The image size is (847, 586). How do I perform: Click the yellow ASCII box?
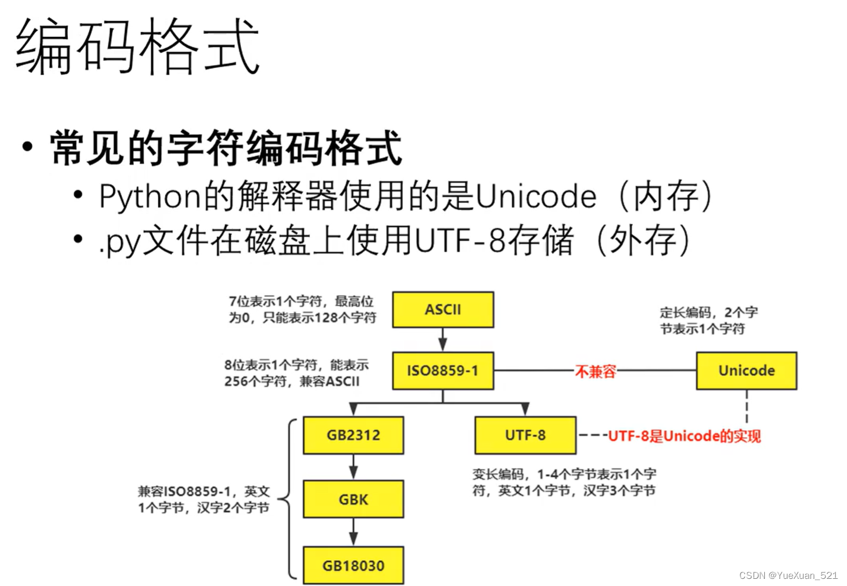point(443,309)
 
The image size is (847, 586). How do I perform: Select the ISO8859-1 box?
point(443,371)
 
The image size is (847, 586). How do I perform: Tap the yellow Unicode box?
point(746,371)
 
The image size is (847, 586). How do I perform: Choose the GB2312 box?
point(353,435)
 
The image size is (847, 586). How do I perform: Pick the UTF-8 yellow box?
point(525,435)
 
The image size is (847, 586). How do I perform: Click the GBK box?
point(353,499)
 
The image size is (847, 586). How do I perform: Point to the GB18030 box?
point(353,565)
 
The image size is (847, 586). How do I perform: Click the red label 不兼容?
point(595,372)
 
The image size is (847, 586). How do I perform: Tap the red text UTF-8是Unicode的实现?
point(684,436)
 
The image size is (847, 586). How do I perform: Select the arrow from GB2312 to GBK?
point(353,467)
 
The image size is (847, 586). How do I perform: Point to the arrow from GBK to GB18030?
point(353,532)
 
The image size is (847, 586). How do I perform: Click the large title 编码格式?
point(137,46)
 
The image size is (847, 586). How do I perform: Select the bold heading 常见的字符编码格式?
point(226,148)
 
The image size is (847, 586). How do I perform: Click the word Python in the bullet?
point(149,196)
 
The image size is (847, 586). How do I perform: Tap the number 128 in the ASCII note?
point(326,318)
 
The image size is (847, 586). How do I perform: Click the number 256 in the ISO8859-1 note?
point(236,381)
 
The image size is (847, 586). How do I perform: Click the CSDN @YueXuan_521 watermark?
point(788,575)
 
